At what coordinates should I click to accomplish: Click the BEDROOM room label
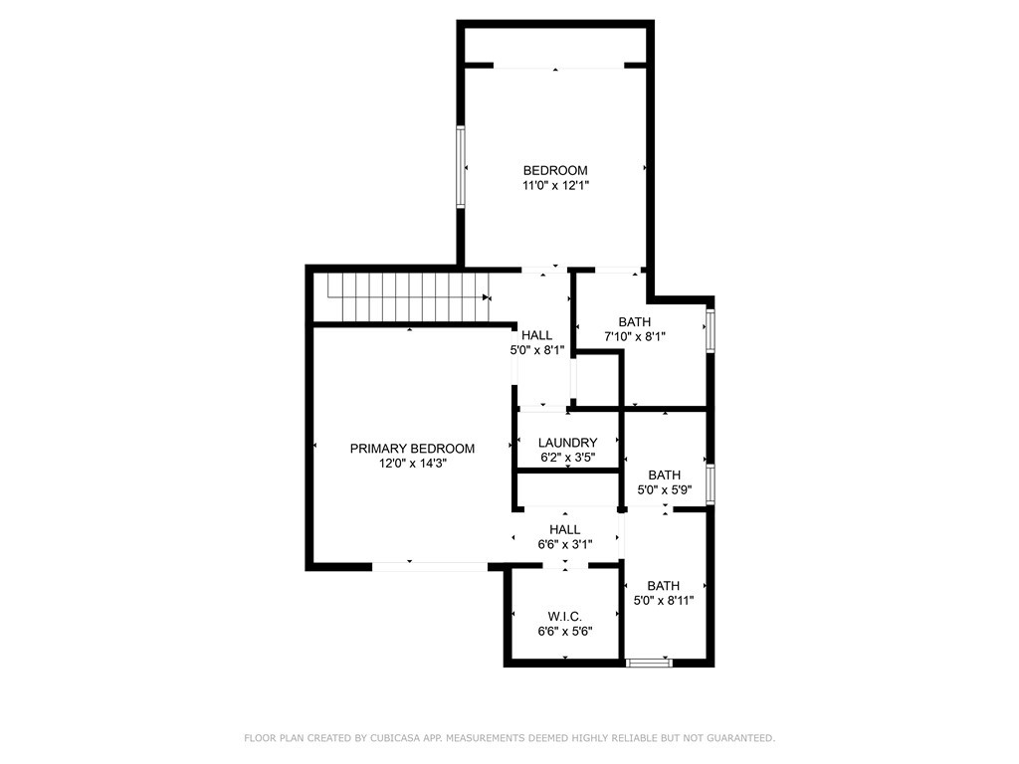[x=555, y=171]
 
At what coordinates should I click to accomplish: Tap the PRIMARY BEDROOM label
[x=412, y=449]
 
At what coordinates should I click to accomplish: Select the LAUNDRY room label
[x=567, y=443]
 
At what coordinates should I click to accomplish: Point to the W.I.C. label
[x=565, y=617]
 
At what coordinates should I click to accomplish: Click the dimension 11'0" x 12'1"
[x=555, y=186]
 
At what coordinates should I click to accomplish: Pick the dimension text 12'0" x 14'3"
[x=412, y=464]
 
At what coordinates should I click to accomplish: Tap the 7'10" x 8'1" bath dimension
[x=634, y=337]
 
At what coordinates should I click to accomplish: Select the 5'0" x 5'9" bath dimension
[x=664, y=490]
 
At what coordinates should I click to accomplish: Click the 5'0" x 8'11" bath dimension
[x=664, y=601]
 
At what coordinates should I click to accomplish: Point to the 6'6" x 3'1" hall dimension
[x=565, y=545]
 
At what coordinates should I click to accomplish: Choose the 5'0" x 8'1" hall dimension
[x=536, y=350]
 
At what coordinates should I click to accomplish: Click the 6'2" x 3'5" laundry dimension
[x=567, y=458]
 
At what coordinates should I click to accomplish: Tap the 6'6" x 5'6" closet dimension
[x=565, y=632]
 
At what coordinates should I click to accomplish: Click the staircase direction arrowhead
[x=486, y=297]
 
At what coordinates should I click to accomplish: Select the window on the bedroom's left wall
[x=460, y=167]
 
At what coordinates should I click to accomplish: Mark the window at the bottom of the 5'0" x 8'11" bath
[x=648, y=663]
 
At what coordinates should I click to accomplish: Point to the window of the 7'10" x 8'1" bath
[x=711, y=330]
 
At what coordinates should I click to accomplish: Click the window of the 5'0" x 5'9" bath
[x=711, y=484]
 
